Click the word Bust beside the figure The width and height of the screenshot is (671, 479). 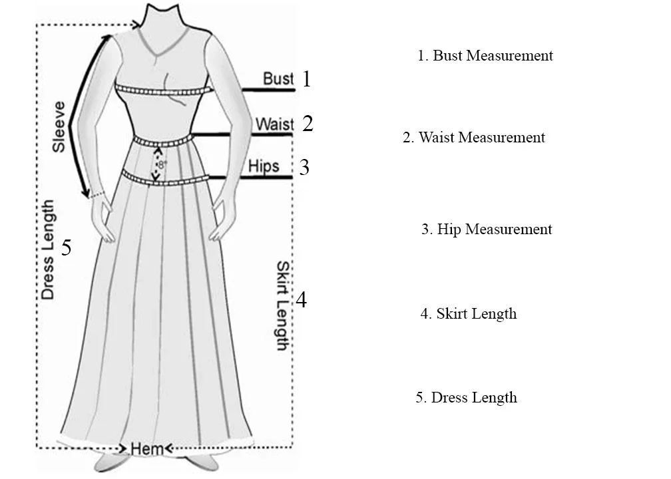click(x=278, y=79)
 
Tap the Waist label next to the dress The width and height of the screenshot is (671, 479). click(x=274, y=124)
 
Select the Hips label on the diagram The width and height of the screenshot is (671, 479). click(x=264, y=166)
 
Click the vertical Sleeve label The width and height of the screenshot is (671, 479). click(x=59, y=126)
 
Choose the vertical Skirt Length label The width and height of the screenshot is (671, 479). click(x=282, y=305)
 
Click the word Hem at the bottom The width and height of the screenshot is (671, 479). click(x=146, y=449)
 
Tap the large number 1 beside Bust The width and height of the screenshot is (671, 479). click(x=306, y=79)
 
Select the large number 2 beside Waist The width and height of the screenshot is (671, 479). click(x=307, y=123)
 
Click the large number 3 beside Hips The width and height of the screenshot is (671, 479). click(x=304, y=167)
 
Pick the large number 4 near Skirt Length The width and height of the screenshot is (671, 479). click(x=302, y=301)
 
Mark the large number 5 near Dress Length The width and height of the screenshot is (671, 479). click(x=66, y=248)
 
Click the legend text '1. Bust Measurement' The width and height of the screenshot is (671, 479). click(x=485, y=56)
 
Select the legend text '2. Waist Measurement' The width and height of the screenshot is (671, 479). click(x=473, y=138)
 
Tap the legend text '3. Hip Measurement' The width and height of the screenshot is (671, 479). click(x=487, y=230)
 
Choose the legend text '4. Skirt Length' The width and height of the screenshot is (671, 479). click(x=468, y=313)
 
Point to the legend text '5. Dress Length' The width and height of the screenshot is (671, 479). click(x=466, y=398)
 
